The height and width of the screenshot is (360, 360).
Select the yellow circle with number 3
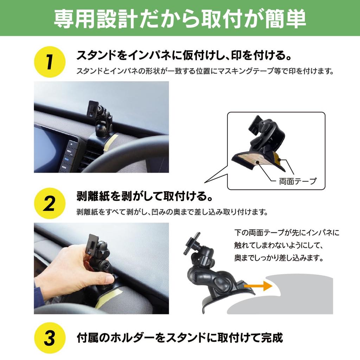pos(50,339)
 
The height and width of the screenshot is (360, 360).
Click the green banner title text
pos(180,18)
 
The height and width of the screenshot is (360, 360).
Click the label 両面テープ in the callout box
pos(297,181)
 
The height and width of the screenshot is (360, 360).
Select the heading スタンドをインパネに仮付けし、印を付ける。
pos(185,56)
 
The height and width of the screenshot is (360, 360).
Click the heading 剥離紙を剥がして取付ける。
pos(144,196)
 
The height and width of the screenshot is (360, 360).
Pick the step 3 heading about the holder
pos(180,338)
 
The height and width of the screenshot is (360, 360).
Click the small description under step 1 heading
pos(205,71)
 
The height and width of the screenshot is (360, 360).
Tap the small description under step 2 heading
pos(172,212)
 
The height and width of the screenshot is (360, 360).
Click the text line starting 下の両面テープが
pos(287,233)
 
